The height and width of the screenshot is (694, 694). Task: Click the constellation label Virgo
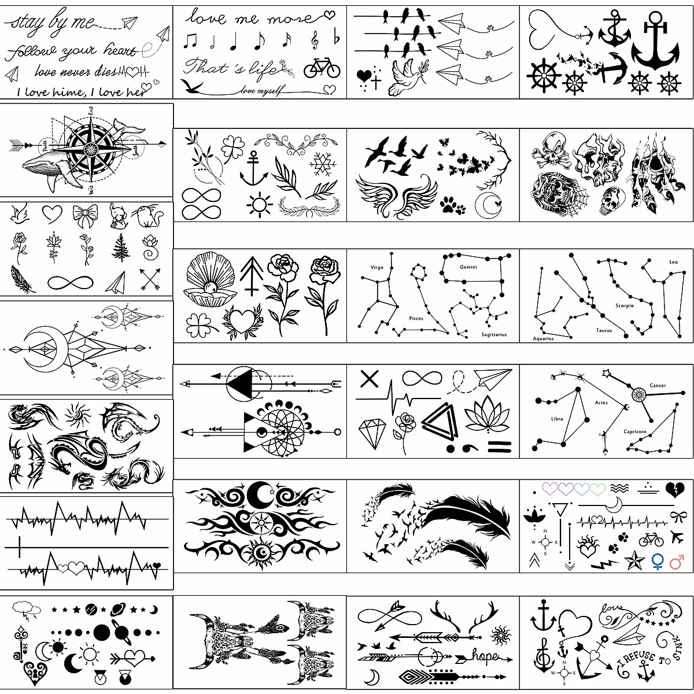click(x=377, y=268)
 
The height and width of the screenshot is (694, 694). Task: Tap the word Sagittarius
click(x=493, y=335)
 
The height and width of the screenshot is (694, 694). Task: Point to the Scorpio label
click(x=625, y=305)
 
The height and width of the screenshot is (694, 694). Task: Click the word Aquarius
click(x=543, y=338)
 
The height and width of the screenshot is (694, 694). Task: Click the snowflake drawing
click(x=323, y=164)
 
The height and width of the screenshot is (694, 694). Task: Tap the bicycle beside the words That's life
click(x=322, y=68)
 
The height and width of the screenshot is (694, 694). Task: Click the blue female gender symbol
click(x=658, y=561)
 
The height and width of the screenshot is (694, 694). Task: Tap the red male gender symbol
click(x=677, y=561)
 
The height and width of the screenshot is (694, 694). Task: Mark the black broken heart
click(x=674, y=490)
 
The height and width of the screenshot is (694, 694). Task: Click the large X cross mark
click(x=369, y=379)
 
